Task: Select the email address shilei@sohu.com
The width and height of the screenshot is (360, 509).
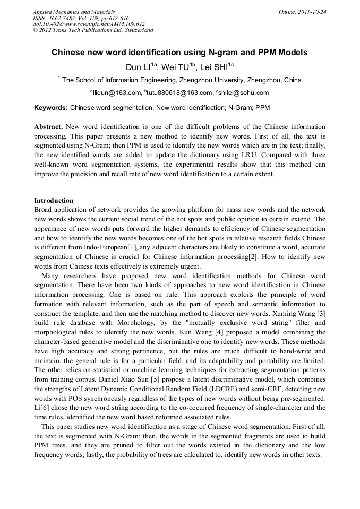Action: pyautogui.click(x=244, y=93)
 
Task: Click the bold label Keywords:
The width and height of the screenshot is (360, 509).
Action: pyautogui.click(x=51, y=108)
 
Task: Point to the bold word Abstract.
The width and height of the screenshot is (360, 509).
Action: pyautogui.click(x=48, y=127)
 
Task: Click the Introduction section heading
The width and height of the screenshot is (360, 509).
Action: pyautogui.click(x=54, y=201)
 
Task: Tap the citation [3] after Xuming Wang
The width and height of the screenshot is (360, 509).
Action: pyautogui.click(x=321, y=299)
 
